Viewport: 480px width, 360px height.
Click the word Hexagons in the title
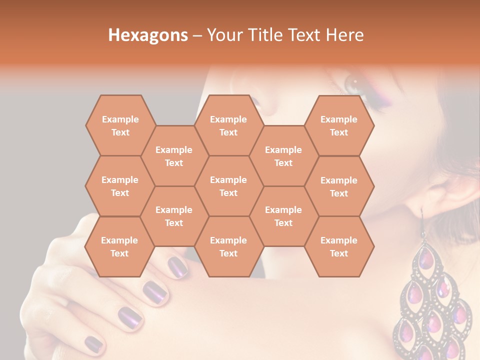coord(148,35)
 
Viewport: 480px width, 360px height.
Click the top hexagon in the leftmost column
coord(120,125)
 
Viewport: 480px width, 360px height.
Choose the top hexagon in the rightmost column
coord(339,125)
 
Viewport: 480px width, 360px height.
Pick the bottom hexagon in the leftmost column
coord(119,246)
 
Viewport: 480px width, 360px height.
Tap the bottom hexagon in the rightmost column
coord(339,246)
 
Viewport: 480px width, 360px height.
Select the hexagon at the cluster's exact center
coord(228,186)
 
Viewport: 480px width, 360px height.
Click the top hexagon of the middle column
coord(228,125)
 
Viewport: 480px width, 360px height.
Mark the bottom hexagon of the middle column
coord(228,246)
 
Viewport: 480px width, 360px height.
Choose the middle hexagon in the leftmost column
coord(120,186)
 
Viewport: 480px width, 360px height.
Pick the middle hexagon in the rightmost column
coord(339,186)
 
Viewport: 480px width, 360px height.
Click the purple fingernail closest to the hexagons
coord(177,265)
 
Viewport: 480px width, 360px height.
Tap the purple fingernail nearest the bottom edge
coord(93,343)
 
